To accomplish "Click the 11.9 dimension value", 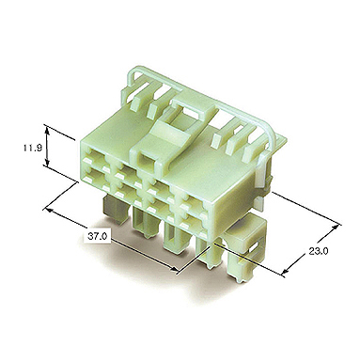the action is click(x=33, y=148).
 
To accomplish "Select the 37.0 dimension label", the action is click(x=97, y=236).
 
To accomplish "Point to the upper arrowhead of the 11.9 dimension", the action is click(x=47, y=129).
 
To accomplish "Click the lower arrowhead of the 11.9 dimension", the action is click(x=47, y=164).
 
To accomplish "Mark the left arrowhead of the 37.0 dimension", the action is click(x=49, y=210).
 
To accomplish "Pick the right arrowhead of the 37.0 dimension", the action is click(x=174, y=268).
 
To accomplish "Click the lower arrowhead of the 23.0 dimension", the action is click(x=285, y=273).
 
